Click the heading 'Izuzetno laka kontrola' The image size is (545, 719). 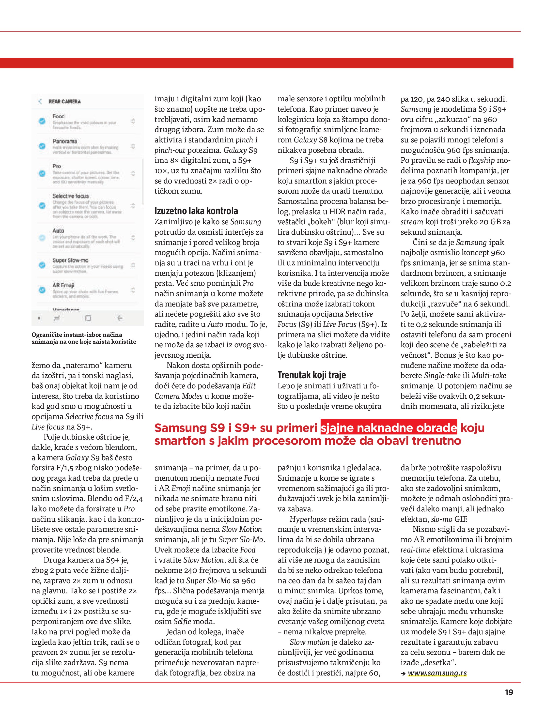click(x=196, y=211)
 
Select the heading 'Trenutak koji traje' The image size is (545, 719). click(x=311, y=375)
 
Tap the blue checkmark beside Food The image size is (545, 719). click(x=42, y=121)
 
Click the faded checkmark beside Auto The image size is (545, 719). click(x=42, y=238)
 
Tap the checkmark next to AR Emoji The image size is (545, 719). click(x=42, y=290)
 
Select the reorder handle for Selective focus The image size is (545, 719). click(x=133, y=205)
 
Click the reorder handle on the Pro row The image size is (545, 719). click(x=133, y=173)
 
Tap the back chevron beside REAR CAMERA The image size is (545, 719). click(x=40, y=101)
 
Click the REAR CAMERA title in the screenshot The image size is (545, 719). click(x=65, y=101)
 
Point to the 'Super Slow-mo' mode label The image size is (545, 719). click(x=71, y=260)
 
